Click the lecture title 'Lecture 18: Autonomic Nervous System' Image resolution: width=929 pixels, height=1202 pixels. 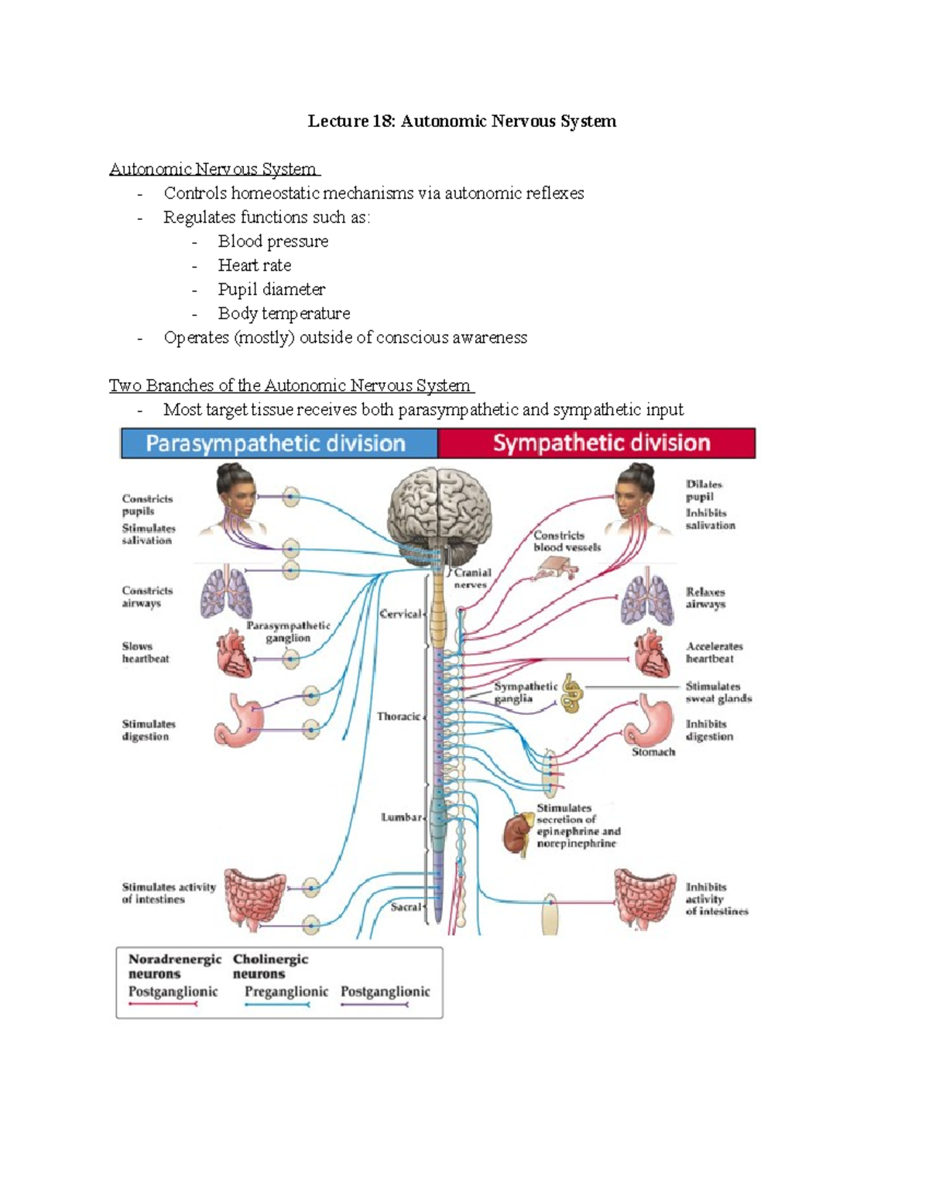pyautogui.click(x=462, y=121)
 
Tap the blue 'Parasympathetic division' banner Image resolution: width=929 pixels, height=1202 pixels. pyautogui.click(x=276, y=443)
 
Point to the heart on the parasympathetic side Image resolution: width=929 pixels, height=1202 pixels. pyautogui.click(x=234, y=652)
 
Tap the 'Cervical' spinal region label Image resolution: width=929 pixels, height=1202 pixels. pyautogui.click(x=400, y=614)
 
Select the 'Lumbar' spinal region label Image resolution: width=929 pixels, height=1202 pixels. pyautogui.click(x=401, y=817)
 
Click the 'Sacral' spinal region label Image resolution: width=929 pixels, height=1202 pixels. pyautogui.click(x=406, y=906)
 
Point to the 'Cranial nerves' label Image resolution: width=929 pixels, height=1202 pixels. pyautogui.click(x=471, y=579)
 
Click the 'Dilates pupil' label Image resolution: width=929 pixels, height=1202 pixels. pyautogui.click(x=703, y=491)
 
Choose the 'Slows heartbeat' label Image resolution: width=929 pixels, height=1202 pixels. pyautogui.click(x=145, y=652)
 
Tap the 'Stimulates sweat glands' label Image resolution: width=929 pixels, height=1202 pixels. pyautogui.click(x=718, y=692)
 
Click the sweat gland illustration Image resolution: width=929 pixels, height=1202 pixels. pyautogui.click(x=572, y=693)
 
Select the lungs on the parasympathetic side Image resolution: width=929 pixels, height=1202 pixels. pyautogui.click(x=226, y=593)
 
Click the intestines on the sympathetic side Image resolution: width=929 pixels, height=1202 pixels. pyautogui.click(x=646, y=898)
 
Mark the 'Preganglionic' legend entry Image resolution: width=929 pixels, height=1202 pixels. pyautogui.click(x=286, y=991)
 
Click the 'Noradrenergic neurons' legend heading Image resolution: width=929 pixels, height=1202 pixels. pyautogui.click(x=174, y=967)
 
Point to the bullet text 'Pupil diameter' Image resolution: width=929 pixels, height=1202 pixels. pyautogui.click(x=271, y=289)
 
